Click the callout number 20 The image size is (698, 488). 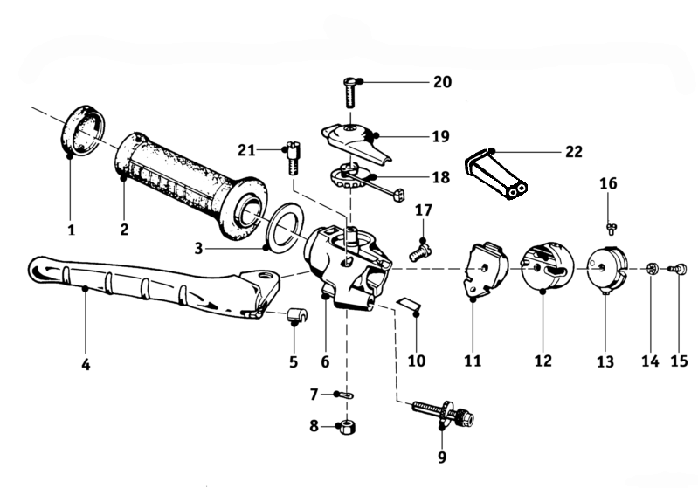click(x=442, y=82)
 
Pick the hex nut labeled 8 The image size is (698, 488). click(x=347, y=428)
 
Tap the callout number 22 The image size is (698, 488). click(x=573, y=151)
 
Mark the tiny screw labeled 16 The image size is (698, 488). click(x=612, y=228)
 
